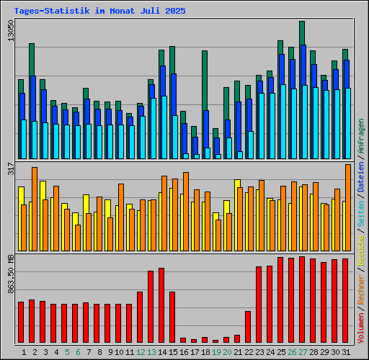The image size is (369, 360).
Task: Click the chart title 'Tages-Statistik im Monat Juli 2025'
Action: [x=99, y=12]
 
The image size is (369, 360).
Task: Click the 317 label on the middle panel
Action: [x=10, y=169]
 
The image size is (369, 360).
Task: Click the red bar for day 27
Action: [x=302, y=300]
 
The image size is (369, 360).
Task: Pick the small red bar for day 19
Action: [x=215, y=341]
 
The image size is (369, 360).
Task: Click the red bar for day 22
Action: [x=248, y=327]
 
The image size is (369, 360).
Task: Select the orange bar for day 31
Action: [x=348, y=207]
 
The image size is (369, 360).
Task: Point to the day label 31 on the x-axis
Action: [x=346, y=352]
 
